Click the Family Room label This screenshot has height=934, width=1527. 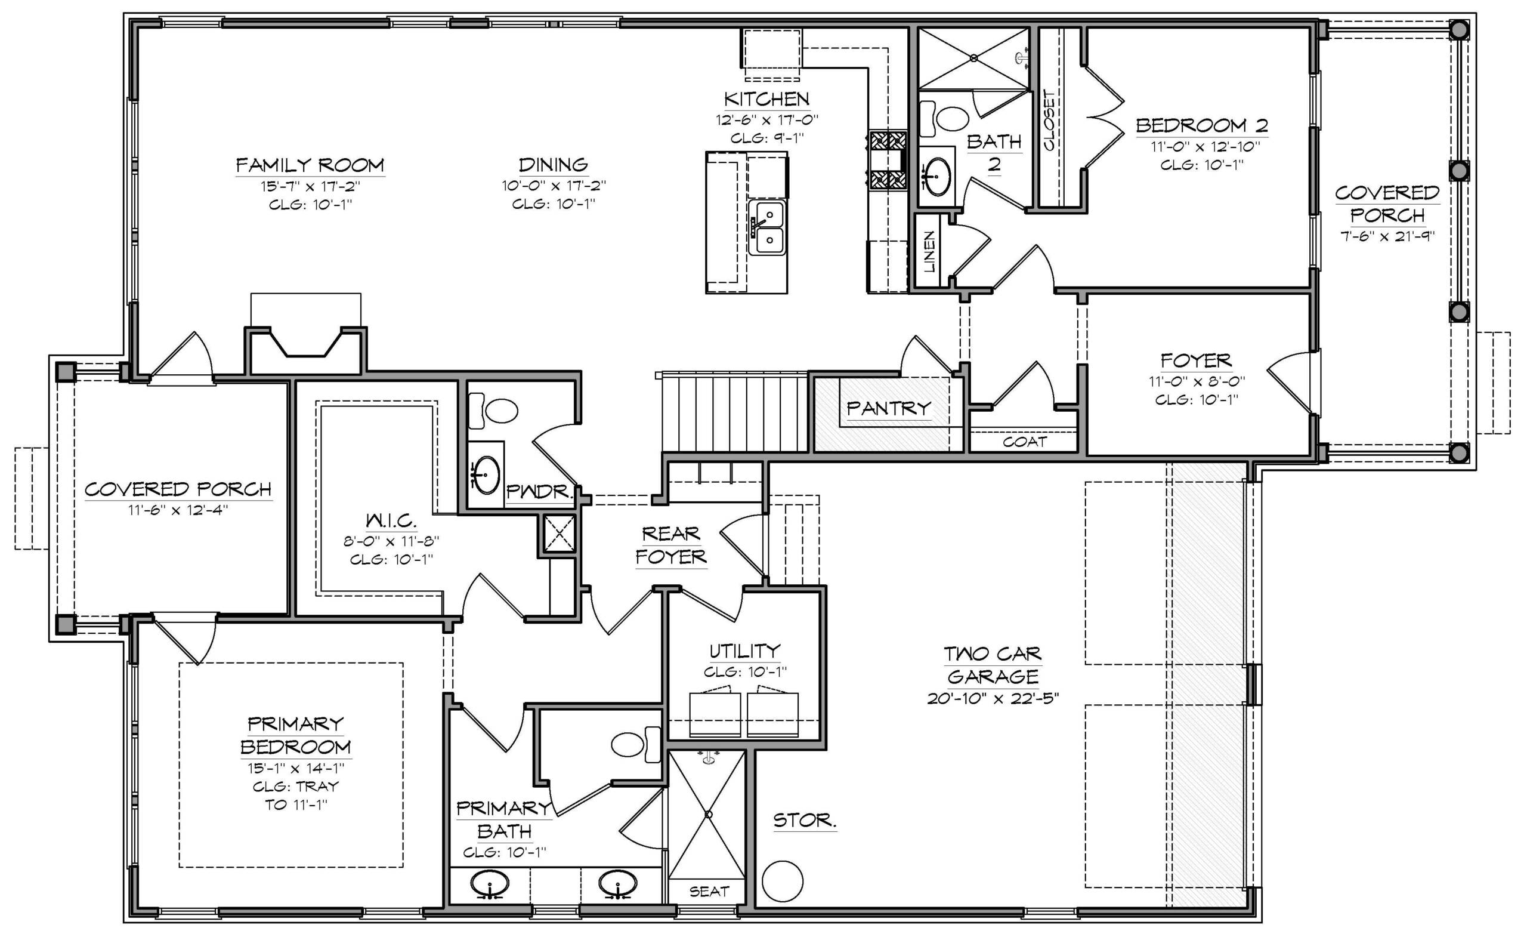310,165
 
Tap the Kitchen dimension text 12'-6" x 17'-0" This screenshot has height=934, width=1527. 767,119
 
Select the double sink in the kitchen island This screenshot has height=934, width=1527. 766,227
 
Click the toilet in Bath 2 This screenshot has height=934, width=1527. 944,118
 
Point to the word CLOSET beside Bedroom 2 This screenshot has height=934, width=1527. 1049,121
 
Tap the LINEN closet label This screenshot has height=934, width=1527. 929,252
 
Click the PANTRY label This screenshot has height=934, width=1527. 889,408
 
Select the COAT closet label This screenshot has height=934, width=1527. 1025,442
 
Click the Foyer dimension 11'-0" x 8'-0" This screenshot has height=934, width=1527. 1197,381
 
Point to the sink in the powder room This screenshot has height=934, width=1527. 486,475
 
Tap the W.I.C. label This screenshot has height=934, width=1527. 391,520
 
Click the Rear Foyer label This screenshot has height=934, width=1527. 671,545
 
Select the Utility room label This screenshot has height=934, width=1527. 745,651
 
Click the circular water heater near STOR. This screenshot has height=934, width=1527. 783,881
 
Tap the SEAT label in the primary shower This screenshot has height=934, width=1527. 709,891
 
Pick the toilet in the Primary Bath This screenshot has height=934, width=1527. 636,744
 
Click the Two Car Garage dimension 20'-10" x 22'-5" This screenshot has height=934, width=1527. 993,698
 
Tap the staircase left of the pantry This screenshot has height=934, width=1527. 735,412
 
